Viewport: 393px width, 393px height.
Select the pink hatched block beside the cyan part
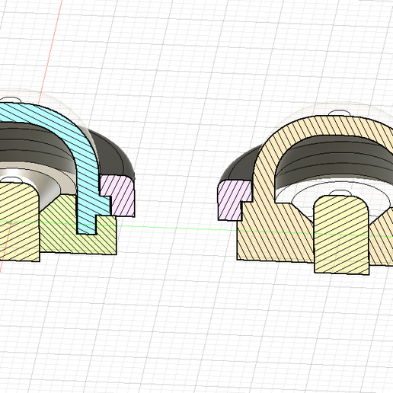(x=120, y=193)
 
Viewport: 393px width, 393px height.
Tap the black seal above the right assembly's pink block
(x=238, y=165)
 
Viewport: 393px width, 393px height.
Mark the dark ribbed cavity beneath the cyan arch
(x=30, y=145)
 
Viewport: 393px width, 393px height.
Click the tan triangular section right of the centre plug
(x=381, y=228)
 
